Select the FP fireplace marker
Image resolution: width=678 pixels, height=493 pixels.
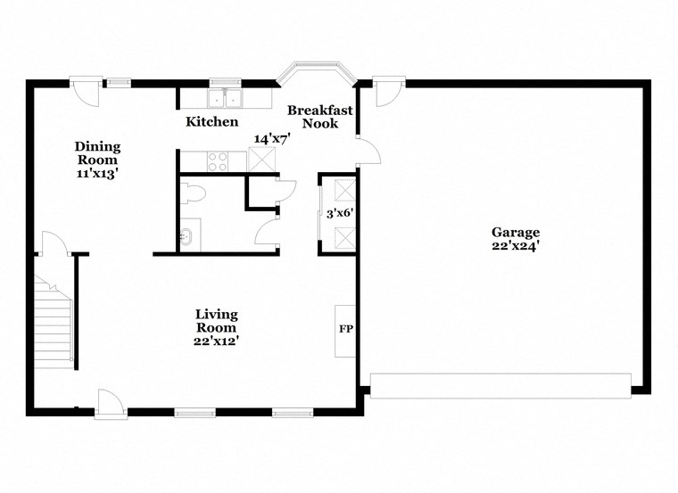345,329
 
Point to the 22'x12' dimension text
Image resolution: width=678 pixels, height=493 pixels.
217,340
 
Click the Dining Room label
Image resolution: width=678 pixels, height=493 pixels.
97,153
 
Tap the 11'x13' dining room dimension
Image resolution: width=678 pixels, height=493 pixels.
97,174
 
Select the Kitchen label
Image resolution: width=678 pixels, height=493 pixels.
211,121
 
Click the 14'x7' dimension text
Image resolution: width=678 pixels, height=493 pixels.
273,139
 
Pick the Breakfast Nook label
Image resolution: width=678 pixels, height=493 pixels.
319,117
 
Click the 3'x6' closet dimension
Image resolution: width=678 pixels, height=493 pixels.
340,213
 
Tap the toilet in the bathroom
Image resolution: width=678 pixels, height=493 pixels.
192,193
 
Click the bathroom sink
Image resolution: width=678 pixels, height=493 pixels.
187,237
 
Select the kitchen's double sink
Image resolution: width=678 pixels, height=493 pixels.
226,97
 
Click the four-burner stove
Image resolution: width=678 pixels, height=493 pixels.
218,161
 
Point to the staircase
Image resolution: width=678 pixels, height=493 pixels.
54,321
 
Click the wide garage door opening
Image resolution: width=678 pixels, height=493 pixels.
500,385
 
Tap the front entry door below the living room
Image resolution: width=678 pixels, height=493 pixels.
111,404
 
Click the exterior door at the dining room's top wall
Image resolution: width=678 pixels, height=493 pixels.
85,90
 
